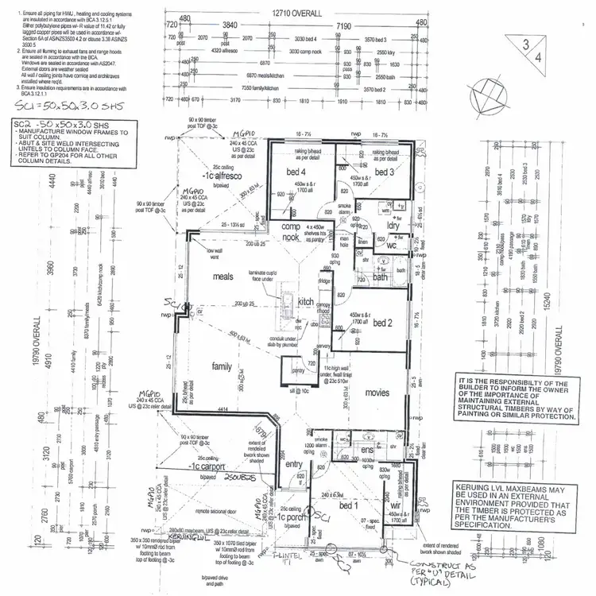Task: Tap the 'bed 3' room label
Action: point(385,172)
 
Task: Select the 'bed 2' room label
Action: point(382,323)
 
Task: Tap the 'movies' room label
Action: point(377,393)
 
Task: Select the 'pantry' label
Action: point(298,371)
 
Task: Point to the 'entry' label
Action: point(293,465)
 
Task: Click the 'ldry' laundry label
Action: point(393,226)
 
